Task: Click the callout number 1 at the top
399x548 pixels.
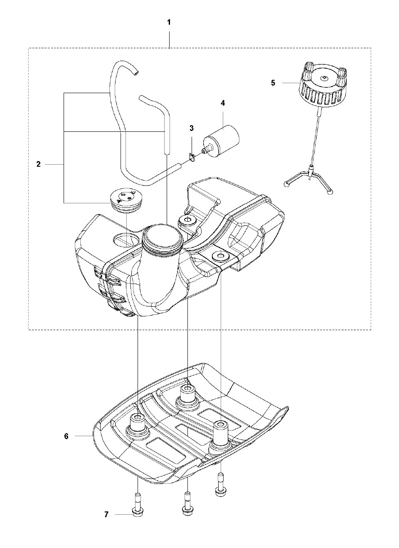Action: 169,22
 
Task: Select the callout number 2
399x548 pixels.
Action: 38,164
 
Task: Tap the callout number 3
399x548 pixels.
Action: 192,128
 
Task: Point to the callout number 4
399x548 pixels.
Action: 222,103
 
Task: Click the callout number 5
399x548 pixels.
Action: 273,83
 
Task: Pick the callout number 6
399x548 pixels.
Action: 66,436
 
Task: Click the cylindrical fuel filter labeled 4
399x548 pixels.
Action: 221,141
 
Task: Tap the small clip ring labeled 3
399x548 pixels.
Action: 192,157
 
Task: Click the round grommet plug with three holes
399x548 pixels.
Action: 123,201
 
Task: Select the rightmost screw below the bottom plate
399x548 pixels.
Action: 221,507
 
